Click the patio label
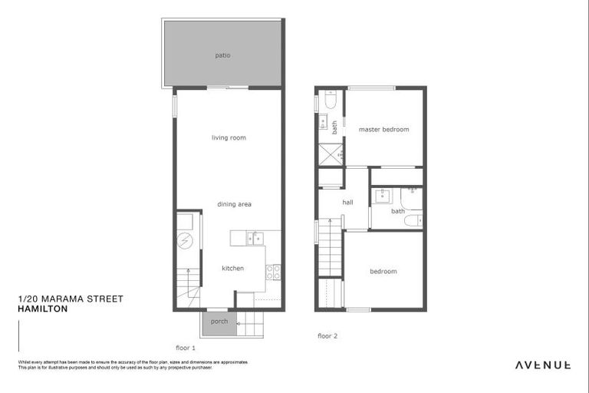tap(222, 55)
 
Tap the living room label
tap(229, 137)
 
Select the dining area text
tap(234, 204)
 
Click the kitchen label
tap(232, 268)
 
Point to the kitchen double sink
tap(255, 238)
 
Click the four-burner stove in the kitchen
tap(273, 272)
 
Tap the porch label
tap(219, 321)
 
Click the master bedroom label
tap(383, 129)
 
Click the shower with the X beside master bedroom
tap(331, 154)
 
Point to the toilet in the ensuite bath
tap(331, 101)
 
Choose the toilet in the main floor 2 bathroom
tap(412, 221)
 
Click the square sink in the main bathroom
tap(381, 196)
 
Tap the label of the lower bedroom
tap(383, 271)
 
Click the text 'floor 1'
tap(186, 347)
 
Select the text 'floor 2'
tap(328, 335)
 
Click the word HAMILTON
tap(42, 309)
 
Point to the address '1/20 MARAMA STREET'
tap(70, 299)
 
